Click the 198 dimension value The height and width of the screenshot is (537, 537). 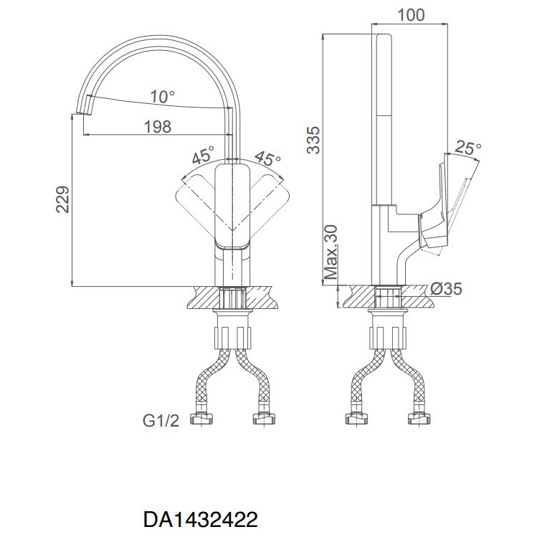point(158,127)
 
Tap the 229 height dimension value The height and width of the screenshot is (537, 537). point(62,199)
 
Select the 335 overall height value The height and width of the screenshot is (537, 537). point(313,140)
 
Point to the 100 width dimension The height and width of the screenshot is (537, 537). point(411,15)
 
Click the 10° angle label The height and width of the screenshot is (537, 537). point(162,97)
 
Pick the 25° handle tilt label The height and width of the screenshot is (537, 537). point(468,148)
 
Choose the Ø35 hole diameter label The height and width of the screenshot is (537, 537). point(446,289)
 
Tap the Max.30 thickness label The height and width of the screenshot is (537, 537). point(331,252)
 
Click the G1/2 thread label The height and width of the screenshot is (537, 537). point(161,420)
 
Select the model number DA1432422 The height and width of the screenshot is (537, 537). point(200,520)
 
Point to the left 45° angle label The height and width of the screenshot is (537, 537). point(203,155)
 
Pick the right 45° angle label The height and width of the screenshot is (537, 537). point(267,158)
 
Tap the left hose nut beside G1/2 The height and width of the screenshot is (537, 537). point(201,419)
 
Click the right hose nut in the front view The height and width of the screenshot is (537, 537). point(264,419)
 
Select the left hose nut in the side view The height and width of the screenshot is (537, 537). point(356,419)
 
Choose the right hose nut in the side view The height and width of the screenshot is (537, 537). point(419,419)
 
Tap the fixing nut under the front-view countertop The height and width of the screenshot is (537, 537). point(232,338)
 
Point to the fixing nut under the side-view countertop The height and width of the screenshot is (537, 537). point(388,338)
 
